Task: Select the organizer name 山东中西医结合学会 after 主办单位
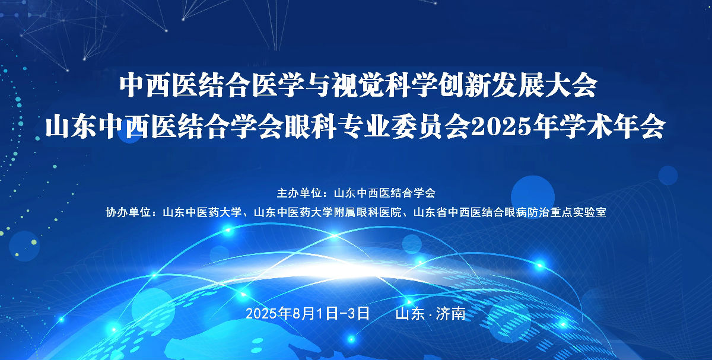tap(384, 193)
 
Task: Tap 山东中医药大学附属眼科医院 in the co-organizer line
tap(328, 212)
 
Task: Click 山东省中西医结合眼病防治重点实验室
tap(510, 212)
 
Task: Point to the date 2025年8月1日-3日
tap(308, 313)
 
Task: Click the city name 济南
tap(451, 313)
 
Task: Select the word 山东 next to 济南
tap(410, 313)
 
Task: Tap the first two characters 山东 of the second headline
tap(71, 126)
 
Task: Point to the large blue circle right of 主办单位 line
tap(533, 197)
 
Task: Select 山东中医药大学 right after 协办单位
tap(202, 212)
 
